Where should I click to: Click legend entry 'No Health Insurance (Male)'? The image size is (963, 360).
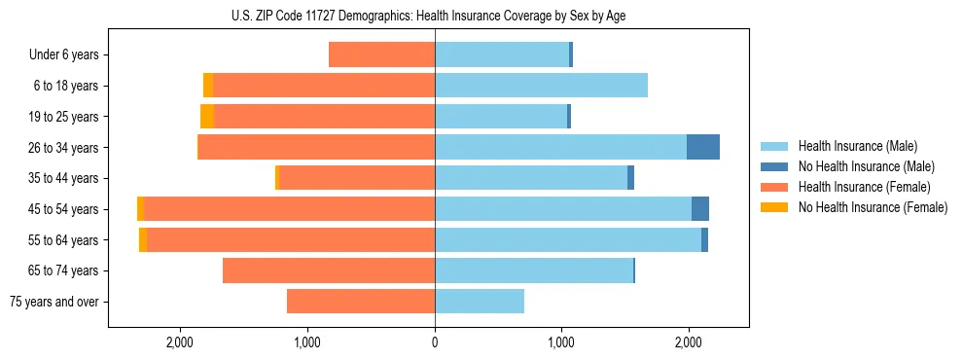(x=866, y=166)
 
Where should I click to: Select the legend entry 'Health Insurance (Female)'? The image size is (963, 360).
(x=864, y=187)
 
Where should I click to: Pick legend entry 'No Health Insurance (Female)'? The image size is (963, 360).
(x=872, y=207)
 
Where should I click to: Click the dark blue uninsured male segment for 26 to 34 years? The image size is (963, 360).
(x=703, y=147)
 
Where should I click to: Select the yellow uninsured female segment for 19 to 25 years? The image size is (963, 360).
(x=207, y=117)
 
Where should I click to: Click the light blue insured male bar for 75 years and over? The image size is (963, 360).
(x=480, y=302)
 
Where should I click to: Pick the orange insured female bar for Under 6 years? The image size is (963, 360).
(x=382, y=55)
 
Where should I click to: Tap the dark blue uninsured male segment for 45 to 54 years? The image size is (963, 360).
(x=700, y=209)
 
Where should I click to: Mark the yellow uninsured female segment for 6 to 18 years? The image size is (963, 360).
(x=208, y=86)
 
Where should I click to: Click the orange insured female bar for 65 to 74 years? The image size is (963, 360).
(x=329, y=270)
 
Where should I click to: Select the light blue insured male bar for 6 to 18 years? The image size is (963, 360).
(x=541, y=86)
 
